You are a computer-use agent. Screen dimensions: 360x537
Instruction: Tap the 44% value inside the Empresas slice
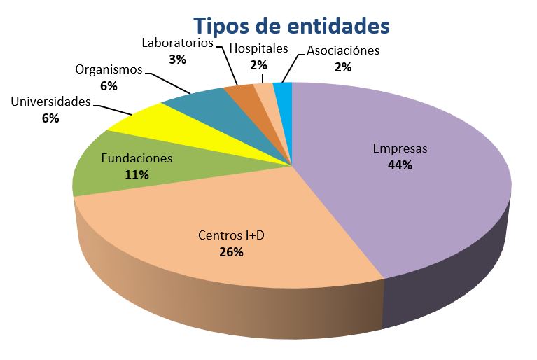pyautogui.click(x=400, y=165)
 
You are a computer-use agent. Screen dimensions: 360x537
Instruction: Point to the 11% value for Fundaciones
pyautogui.click(x=137, y=175)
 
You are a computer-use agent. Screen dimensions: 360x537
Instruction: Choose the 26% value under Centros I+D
pyautogui.click(x=231, y=252)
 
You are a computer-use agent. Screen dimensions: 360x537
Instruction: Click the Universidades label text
pyautogui.click(x=50, y=102)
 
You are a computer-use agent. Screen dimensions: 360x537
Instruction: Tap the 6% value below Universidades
pyautogui.click(x=50, y=118)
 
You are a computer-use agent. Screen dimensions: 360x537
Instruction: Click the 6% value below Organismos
pyautogui.click(x=109, y=86)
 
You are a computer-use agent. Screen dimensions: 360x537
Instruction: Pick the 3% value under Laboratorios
pyautogui.click(x=177, y=60)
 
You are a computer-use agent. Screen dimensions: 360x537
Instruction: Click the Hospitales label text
pyautogui.click(x=258, y=48)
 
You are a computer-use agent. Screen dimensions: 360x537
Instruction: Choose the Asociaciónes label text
pyautogui.click(x=343, y=50)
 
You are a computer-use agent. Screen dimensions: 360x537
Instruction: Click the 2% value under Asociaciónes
pyautogui.click(x=343, y=67)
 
